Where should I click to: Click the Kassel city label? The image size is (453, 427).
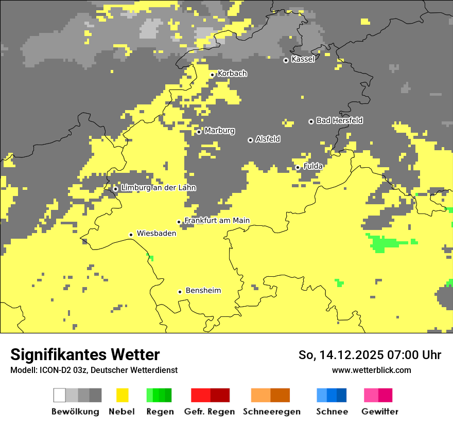(x=303, y=59)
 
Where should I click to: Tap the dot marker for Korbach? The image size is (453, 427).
(x=212, y=75)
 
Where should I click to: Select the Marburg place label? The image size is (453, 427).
(x=219, y=131)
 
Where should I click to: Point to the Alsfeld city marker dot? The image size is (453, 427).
(x=250, y=140)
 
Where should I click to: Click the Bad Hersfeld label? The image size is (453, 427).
(x=339, y=120)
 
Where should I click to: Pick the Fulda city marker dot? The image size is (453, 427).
(x=298, y=167)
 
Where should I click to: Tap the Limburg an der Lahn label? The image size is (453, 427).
(x=158, y=188)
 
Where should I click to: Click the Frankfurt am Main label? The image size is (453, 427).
(x=217, y=221)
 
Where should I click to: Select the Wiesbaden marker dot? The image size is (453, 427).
(x=131, y=235)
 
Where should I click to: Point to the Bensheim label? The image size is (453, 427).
(x=203, y=291)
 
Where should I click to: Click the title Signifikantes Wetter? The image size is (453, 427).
(x=85, y=354)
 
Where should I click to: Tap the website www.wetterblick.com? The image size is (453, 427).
(x=371, y=370)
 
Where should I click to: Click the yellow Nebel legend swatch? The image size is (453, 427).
(x=122, y=395)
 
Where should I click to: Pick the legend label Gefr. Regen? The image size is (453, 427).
(x=209, y=412)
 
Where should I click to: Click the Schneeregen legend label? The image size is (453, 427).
(x=271, y=412)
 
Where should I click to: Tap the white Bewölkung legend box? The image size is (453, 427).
(x=60, y=395)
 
